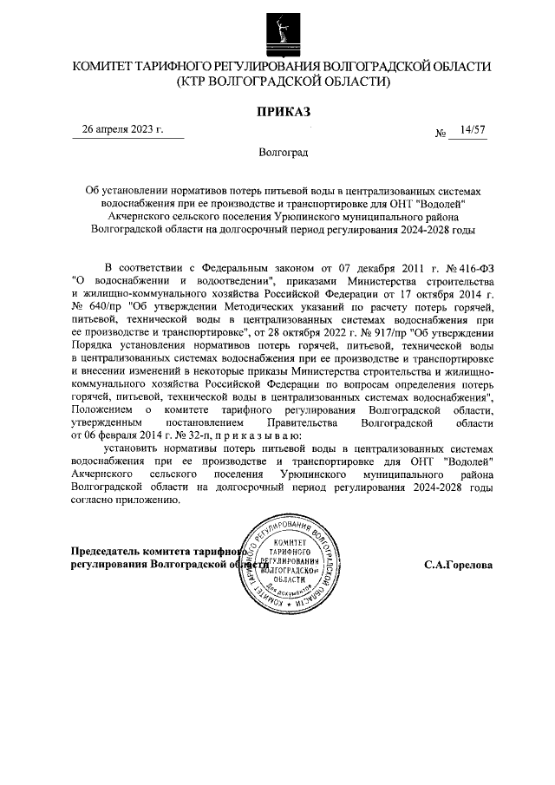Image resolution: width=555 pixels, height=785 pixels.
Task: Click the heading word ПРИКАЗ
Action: click(x=282, y=110)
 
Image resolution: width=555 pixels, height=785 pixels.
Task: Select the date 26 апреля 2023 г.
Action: click(x=122, y=129)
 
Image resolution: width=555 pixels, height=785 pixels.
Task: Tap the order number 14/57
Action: click(x=473, y=129)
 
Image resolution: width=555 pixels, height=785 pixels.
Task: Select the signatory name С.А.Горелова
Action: click(x=458, y=564)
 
